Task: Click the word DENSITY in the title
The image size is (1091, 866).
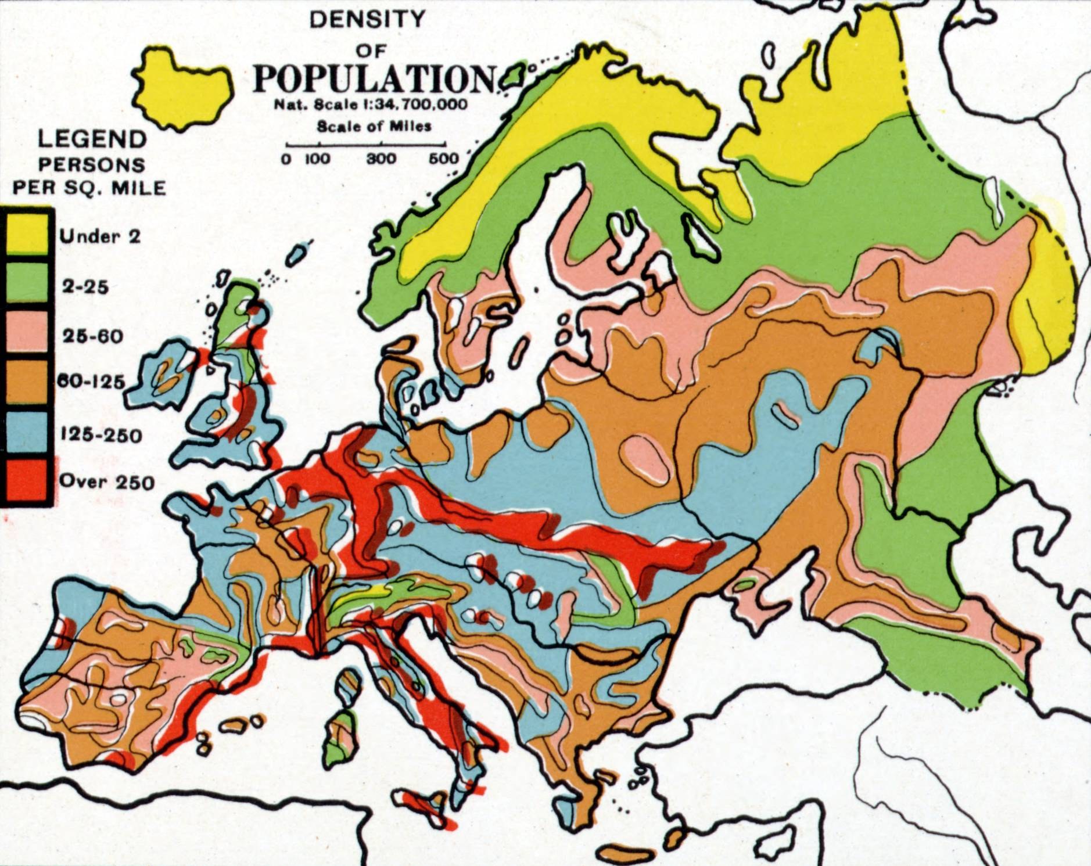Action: (x=367, y=20)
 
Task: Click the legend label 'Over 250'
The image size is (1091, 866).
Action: (x=107, y=482)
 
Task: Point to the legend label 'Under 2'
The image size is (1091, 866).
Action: (x=100, y=236)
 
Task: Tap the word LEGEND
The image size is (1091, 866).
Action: (x=92, y=139)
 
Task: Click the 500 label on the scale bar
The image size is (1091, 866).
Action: (x=444, y=159)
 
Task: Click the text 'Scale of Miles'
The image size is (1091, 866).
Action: (x=374, y=126)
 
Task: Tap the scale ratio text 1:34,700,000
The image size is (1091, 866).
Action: (x=412, y=106)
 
